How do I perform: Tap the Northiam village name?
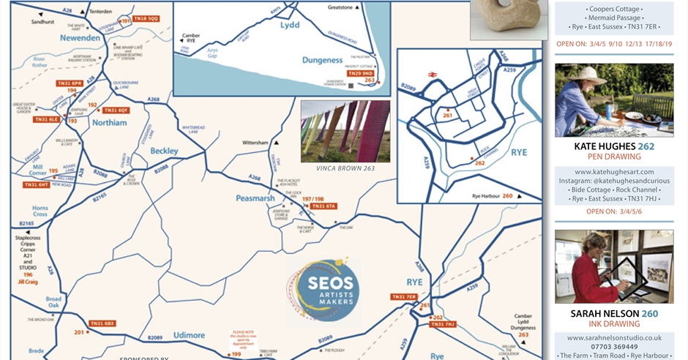coord(109,123)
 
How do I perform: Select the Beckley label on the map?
coord(164,151)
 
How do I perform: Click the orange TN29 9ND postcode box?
coord(362,73)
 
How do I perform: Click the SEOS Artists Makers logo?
coord(323,288)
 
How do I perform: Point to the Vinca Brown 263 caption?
coord(345,168)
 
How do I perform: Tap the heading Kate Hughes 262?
coord(614,146)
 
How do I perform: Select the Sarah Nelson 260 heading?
coord(614,314)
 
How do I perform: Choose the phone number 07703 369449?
coord(614,347)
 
